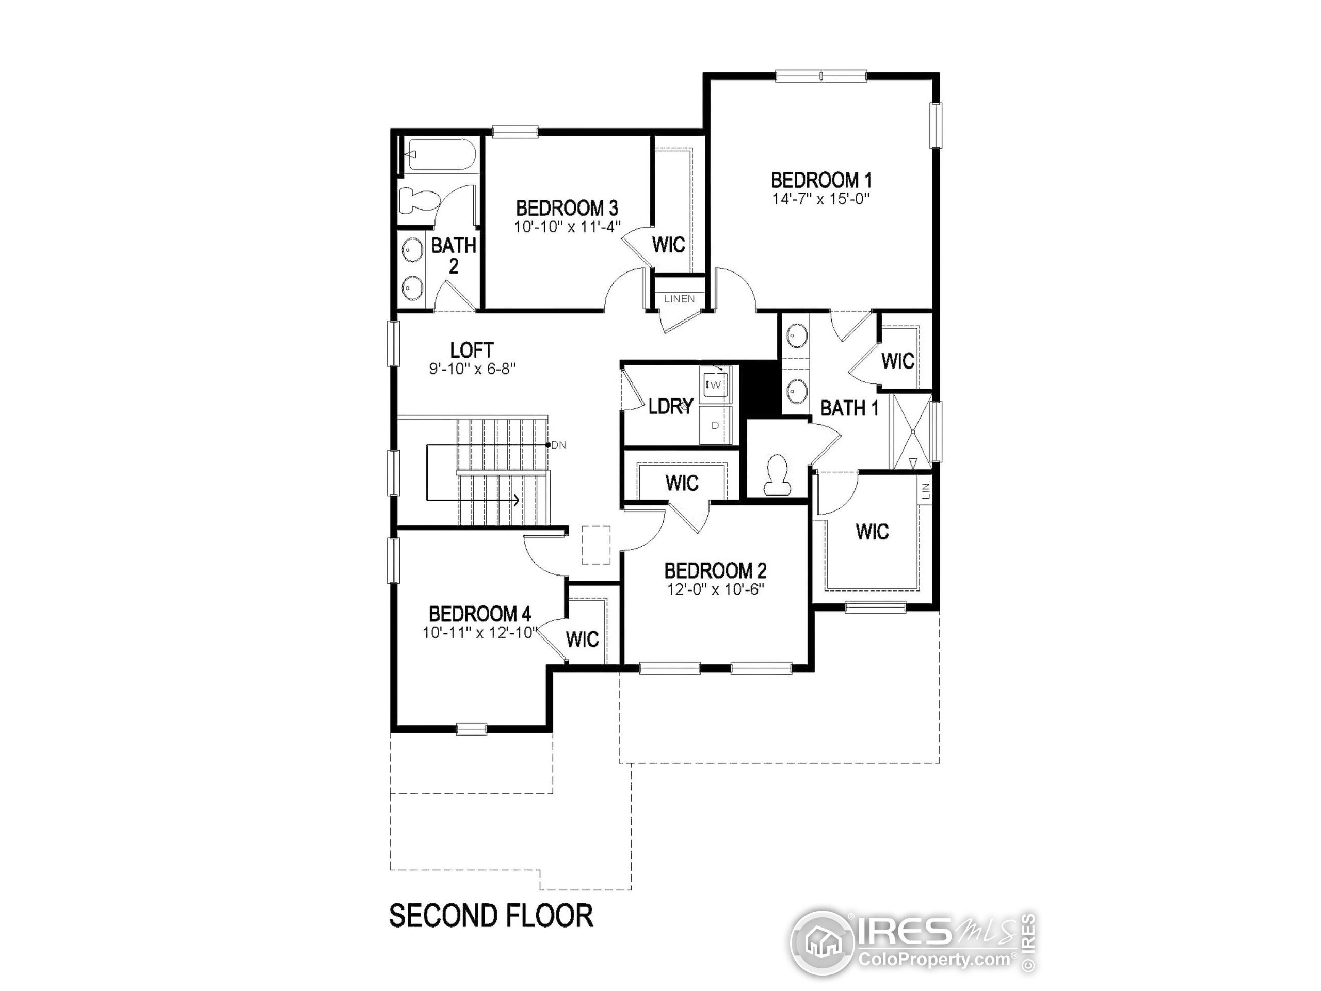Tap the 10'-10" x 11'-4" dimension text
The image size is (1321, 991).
[x=567, y=228]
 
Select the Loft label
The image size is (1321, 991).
[x=472, y=350]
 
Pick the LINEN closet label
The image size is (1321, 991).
[x=680, y=299]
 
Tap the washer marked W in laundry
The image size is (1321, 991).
[x=715, y=385]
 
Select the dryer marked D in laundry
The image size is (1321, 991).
[x=715, y=425]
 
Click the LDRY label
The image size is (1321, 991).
[x=671, y=407]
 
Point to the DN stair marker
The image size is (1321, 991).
[x=558, y=445]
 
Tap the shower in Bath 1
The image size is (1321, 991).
[x=911, y=430]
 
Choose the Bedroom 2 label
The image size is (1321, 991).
[x=715, y=571]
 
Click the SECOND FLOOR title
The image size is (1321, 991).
[x=491, y=916]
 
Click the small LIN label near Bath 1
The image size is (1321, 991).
[x=926, y=491]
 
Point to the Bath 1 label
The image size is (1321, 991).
[x=849, y=409]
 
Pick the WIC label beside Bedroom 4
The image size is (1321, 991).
[x=582, y=639]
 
